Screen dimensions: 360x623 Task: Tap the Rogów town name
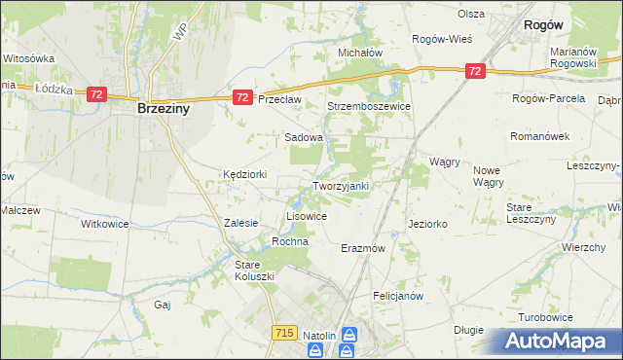pos(546,25)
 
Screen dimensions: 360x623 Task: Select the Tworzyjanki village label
pos(340,185)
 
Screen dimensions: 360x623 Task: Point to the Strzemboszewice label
pos(369,106)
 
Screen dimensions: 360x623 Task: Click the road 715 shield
pos(284,333)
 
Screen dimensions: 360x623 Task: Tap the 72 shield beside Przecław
pos(243,97)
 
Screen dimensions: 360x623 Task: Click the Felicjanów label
pos(396,294)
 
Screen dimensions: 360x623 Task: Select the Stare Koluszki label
pos(256,270)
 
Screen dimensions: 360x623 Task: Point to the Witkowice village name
pos(104,223)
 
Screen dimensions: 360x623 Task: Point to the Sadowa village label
pos(303,138)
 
